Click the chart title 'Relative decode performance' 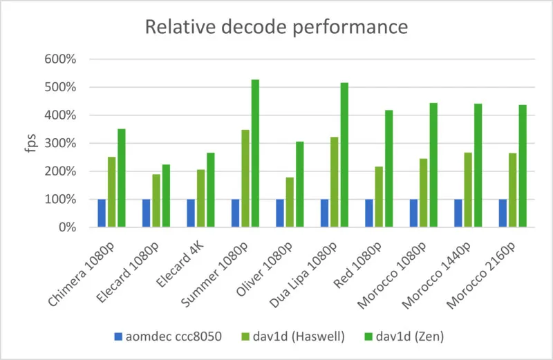tap(276, 27)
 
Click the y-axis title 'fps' tap(30, 144)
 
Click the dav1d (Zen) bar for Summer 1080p tap(255, 153)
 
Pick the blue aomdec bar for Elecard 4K tap(191, 213)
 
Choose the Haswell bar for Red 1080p tap(379, 197)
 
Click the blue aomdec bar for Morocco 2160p tap(503, 213)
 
